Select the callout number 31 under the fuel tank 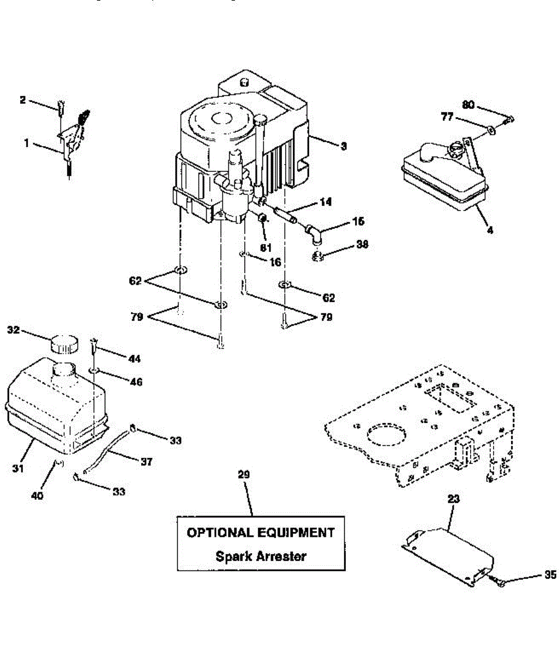[x=18, y=468]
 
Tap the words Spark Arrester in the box [x=261, y=556]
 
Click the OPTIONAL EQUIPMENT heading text [x=261, y=532]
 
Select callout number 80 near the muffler [x=468, y=105]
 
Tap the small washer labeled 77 [x=491, y=130]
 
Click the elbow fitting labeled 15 [x=315, y=234]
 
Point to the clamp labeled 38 [x=318, y=255]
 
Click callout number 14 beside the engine [x=326, y=202]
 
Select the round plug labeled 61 [x=263, y=219]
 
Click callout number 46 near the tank [x=136, y=382]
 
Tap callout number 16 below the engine [x=275, y=262]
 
